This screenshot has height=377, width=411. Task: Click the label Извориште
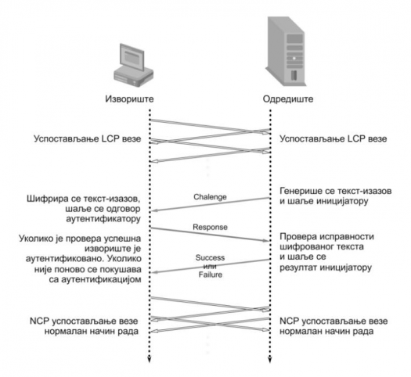click(129, 99)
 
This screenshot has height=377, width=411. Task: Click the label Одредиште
click(288, 99)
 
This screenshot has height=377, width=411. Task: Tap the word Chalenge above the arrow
click(210, 197)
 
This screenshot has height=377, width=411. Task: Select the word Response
click(210, 227)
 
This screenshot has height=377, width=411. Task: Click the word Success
click(210, 257)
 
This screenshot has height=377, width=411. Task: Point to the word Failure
click(211, 275)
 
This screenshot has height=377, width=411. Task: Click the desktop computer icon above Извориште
click(133, 65)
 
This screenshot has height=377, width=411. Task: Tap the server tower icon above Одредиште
click(286, 52)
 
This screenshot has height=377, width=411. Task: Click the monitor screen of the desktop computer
click(132, 57)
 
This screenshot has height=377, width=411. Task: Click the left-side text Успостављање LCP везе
click(87, 138)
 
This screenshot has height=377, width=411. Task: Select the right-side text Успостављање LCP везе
click(333, 138)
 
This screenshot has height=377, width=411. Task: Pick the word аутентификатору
click(103, 218)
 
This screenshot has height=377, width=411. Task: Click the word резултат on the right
click(298, 267)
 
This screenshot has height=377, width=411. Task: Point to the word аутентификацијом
click(101, 279)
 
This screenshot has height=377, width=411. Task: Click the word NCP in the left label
click(39, 321)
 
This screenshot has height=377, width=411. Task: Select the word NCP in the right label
click(290, 321)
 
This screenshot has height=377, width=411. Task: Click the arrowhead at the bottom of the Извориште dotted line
click(150, 360)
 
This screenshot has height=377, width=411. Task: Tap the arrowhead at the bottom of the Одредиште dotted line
click(270, 360)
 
